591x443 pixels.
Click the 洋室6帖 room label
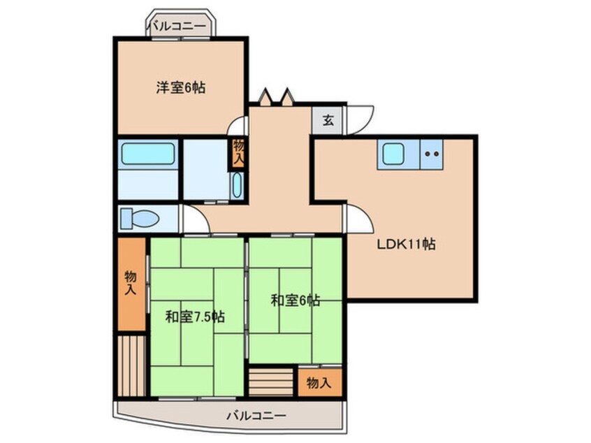(x=180, y=88)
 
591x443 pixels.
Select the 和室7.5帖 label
(x=195, y=317)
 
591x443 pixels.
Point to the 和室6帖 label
(x=295, y=300)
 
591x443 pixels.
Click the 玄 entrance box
(x=328, y=119)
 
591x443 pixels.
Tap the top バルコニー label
(x=177, y=27)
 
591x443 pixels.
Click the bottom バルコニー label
(x=255, y=416)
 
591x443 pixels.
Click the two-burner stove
(x=432, y=153)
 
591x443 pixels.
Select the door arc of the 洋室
(x=240, y=126)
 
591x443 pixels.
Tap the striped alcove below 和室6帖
(x=270, y=383)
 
